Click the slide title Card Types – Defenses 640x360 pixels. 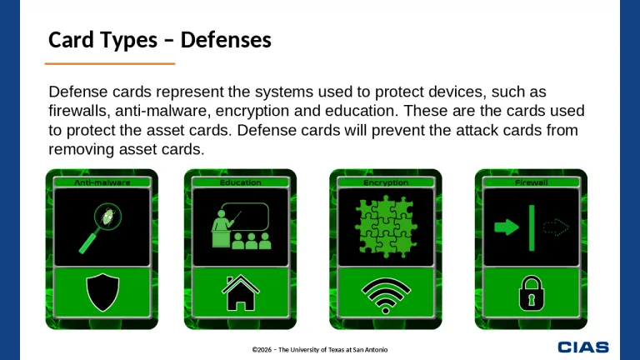(160, 39)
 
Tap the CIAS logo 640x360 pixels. (583, 347)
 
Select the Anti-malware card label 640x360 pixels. (102, 182)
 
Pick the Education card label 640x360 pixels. (240, 182)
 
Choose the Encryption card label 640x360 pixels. (386, 182)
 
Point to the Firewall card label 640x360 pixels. (531, 182)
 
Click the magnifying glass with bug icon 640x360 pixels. (102, 227)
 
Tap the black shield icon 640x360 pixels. (102, 292)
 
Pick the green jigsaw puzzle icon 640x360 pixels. (386, 227)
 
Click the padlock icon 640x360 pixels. (531, 292)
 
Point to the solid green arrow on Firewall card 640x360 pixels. (506, 227)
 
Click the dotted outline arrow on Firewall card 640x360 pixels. (555, 227)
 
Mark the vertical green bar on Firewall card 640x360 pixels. (531, 227)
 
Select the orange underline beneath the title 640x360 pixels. (109, 63)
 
